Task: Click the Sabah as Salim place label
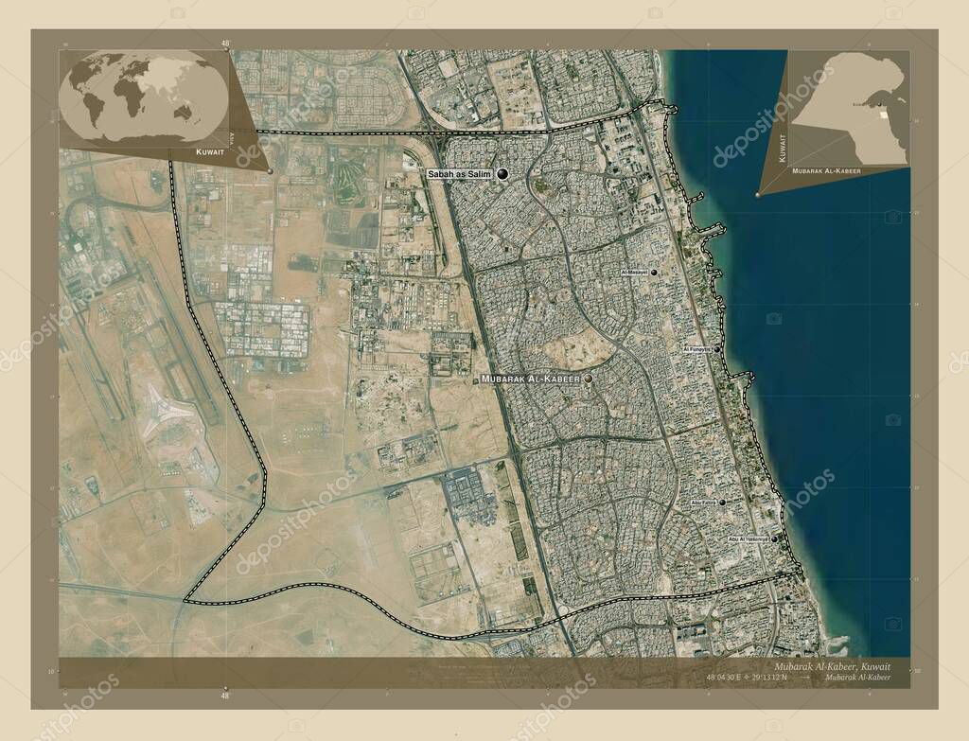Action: (460, 174)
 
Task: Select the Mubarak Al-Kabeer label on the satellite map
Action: (530, 379)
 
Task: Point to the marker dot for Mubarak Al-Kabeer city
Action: (589, 379)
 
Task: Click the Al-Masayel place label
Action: (634, 273)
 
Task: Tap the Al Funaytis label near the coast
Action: (696, 349)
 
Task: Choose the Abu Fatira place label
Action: (703, 503)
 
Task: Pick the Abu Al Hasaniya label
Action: (749, 538)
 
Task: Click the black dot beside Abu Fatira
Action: (722, 503)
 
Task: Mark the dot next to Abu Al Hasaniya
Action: (774, 538)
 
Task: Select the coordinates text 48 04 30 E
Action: (726, 678)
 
